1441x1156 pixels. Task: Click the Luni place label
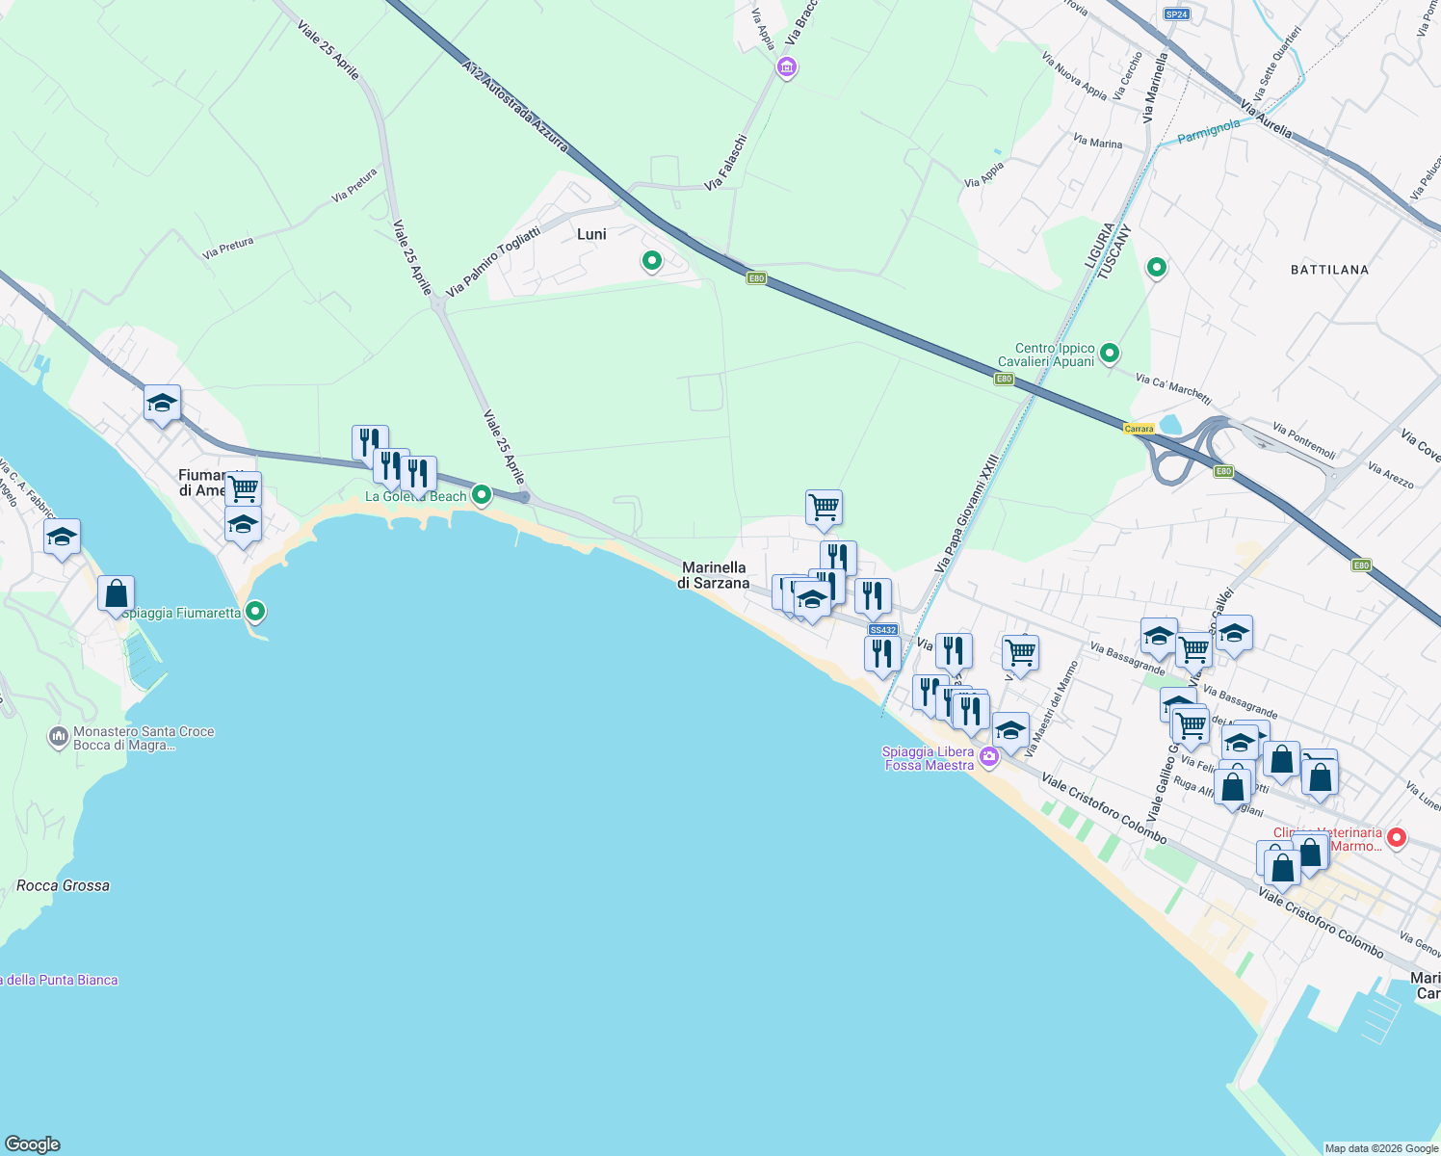591,234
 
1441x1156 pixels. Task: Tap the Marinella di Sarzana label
713,575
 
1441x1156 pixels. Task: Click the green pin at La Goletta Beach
483,495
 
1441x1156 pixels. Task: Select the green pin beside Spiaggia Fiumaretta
255,611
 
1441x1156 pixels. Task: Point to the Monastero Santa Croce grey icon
58,738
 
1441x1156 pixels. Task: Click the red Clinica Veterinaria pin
1396,838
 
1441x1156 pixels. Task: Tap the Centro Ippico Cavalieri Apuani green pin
1110,354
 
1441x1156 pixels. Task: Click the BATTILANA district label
1329,270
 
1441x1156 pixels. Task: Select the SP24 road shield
1176,14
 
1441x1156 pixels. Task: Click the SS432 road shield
882,630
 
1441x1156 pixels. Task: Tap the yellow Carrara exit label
1139,429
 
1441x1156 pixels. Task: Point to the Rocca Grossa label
64,885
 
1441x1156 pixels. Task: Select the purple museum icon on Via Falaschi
787,67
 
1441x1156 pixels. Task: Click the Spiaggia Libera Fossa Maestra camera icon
988,758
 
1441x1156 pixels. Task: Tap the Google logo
33,1143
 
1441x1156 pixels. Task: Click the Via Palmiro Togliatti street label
492,261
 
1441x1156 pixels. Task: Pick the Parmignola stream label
1209,131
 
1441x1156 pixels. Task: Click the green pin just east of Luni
652,260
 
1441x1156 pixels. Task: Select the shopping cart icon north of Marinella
824,507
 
